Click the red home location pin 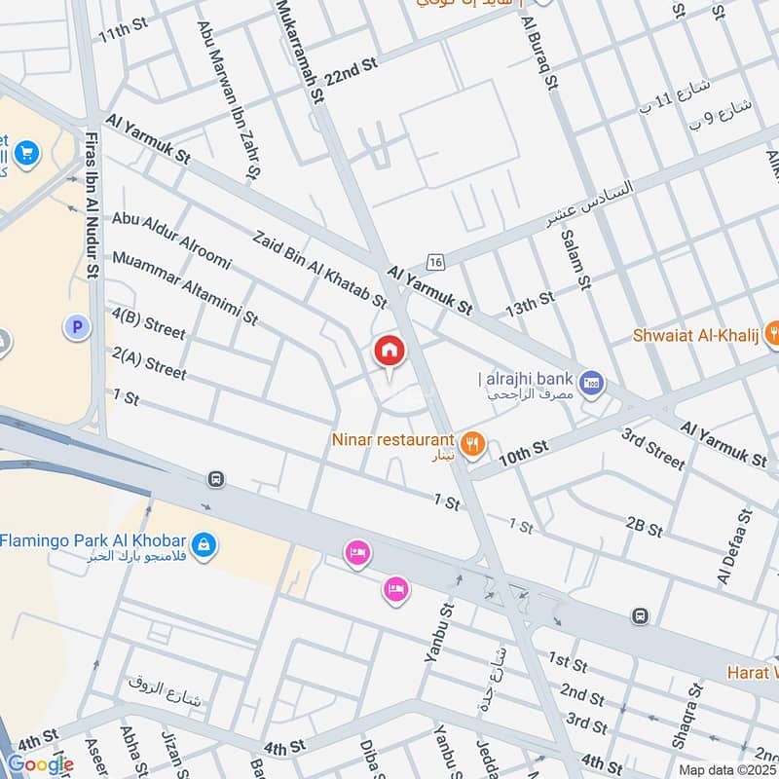389,352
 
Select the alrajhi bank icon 591,383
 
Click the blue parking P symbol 76,328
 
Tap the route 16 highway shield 435,262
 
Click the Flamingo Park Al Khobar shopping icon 203,541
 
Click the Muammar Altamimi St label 184,287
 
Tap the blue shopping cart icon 26,152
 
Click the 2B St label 644,528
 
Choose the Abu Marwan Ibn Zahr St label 228,98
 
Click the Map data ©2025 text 726,769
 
